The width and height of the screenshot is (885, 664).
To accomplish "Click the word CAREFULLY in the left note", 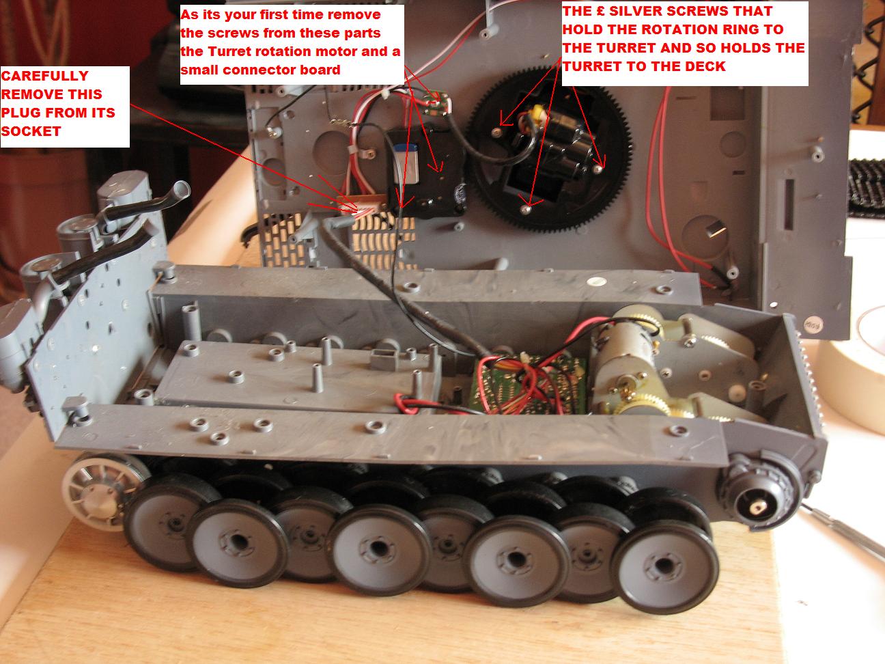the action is click(x=45, y=76).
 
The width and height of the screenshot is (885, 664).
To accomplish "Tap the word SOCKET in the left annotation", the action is click(x=31, y=131).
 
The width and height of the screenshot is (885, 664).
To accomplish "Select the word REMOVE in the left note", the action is click(x=52, y=94).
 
